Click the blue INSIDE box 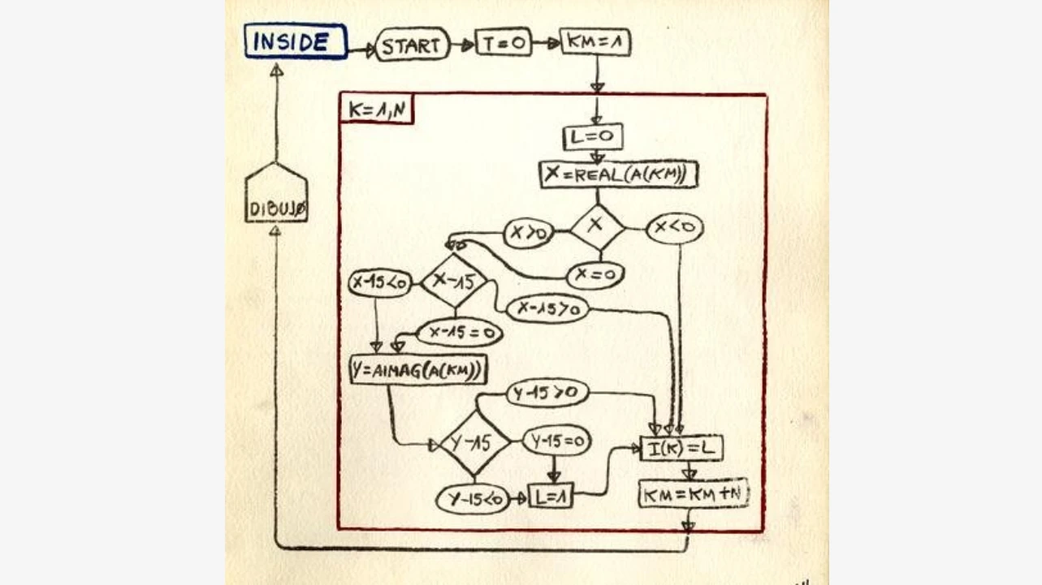click(x=296, y=41)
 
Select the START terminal click(x=412, y=45)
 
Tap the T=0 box click(x=504, y=43)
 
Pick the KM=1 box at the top click(x=595, y=42)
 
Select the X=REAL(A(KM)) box click(x=619, y=174)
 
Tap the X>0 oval click(x=529, y=234)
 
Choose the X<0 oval click(x=675, y=229)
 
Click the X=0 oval click(x=594, y=275)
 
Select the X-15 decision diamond click(x=454, y=281)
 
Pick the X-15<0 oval click(x=380, y=282)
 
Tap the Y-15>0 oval click(x=548, y=394)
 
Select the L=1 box click(x=551, y=495)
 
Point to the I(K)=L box click(x=681, y=448)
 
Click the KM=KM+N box click(x=693, y=493)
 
